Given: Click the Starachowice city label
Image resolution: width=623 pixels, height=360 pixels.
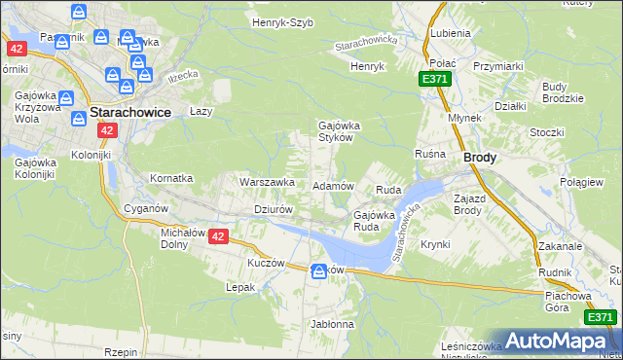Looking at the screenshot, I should [129, 112].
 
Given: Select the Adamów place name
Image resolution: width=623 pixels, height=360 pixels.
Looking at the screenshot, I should [331, 185].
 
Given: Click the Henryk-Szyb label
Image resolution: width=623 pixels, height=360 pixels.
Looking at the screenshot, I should [282, 21].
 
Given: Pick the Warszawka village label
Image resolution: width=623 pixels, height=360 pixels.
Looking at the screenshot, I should [267, 182].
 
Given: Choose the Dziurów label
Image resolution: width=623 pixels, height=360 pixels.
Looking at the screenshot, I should [273, 208].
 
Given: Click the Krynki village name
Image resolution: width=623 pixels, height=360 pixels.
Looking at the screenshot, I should [435, 244].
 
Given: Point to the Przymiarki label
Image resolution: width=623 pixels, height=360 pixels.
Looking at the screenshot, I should [498, 66].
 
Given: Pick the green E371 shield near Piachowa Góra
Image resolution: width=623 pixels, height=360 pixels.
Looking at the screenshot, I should [601, 317].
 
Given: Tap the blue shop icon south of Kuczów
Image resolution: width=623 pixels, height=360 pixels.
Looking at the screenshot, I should [318, 271].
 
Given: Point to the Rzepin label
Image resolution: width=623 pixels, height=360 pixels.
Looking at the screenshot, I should [121, 352].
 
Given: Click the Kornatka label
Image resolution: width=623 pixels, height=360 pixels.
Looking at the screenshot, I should [171, 179].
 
